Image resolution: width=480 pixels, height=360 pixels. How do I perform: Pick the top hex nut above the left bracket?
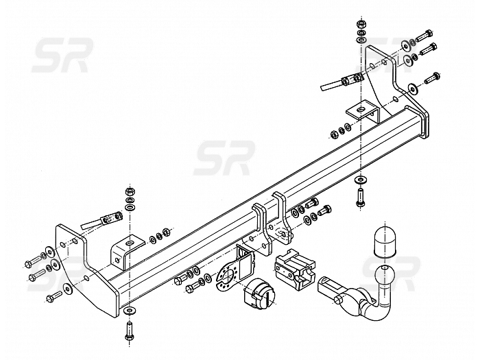[130, 189]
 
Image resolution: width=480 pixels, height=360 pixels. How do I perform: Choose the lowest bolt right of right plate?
[432, 77]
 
